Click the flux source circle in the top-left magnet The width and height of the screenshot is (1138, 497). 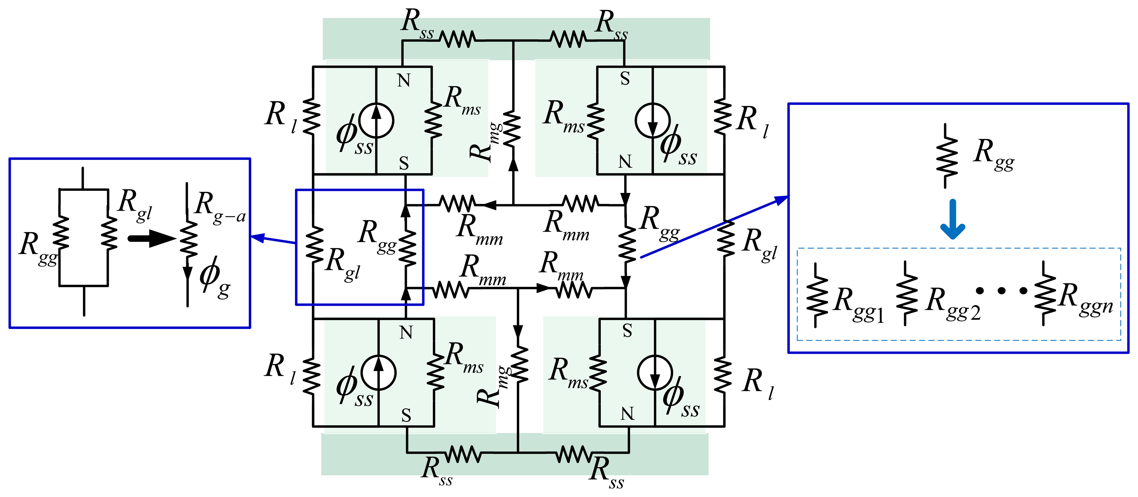(x=376, y=120)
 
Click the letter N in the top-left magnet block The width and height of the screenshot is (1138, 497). (x=404, y=80)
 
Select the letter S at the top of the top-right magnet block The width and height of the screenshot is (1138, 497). (x=625, y=79)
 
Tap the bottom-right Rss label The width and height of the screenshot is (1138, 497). (x=607, y=472)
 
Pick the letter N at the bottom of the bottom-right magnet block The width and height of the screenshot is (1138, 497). (x=627, y=414)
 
